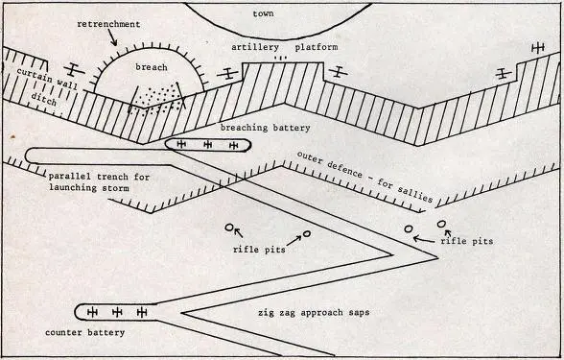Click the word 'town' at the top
pyautogui.click(x=263, y=13)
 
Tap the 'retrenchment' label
pyautogui.click(x=108, y=24)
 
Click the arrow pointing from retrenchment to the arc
pyautogui.click(x=112, y=38)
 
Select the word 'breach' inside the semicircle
pyautogui.click(x=152, y=67)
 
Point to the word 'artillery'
pyautogui.click(x=255, y=47)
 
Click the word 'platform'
pyautogui.click(x=317, y=47)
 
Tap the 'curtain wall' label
pyautogui.click(x=47, y=78)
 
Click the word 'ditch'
pyautogui.click(x=44, y=99)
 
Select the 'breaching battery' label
pyautogui.click(x=265, y=128)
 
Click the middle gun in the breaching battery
pyautogui.click(x=207, y=145)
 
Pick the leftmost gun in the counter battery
pyautogui.click(x=92, y=312)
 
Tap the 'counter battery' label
pyautogui.click(x=84, y=332)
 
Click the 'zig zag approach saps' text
pyautogui.click(x=314, y=312)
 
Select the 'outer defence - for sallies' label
pyautogui.click(x=364, y=177)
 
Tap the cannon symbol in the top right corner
pyautogui.click(x=538, y=48)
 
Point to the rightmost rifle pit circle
pyautogui.click(x=441, y=224)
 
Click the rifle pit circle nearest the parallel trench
pyautogui.click(x=229, y=228)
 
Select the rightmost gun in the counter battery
pyautogui.click(x=142, y=312)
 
